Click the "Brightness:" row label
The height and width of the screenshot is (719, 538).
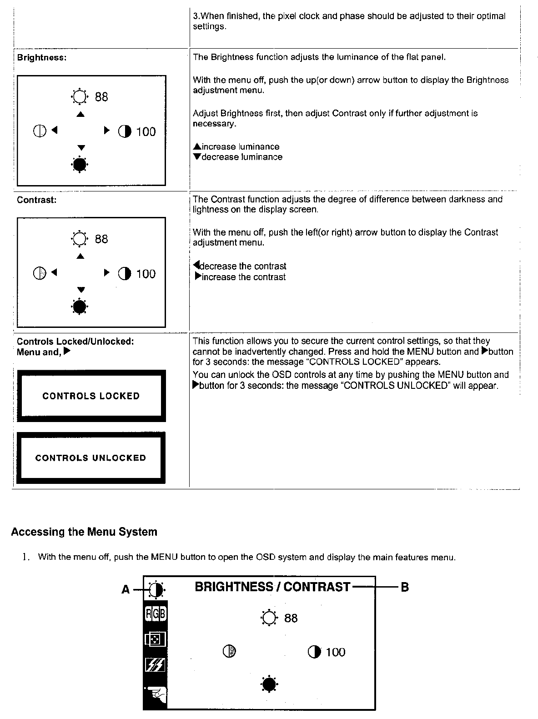pos(41,58)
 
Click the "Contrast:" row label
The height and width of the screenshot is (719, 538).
pos(37,200)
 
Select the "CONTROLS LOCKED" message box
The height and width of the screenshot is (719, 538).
pos(91,396)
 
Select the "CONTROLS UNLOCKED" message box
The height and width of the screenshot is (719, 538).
pos(91,458)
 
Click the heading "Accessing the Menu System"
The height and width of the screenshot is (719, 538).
pos(84,532)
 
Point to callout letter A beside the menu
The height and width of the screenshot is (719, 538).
pos(126,590)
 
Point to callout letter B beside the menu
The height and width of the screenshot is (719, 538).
pos(404,587)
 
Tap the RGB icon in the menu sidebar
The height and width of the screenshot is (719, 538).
pos(156,614)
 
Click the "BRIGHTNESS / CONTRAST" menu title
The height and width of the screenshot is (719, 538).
pos(272,587)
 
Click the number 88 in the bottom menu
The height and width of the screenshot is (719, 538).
pos(291,618)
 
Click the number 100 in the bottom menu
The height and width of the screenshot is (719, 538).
pos(336,652)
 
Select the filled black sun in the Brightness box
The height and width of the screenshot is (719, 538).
pos(80,165)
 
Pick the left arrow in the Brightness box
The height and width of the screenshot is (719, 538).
pos(55,131)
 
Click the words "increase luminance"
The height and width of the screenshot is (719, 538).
pos(240,146)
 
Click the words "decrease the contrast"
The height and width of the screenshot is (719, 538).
pos(243,266)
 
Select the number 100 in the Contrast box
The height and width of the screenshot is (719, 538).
pos(146,274)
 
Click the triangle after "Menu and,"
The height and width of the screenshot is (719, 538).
pos(67,352)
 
